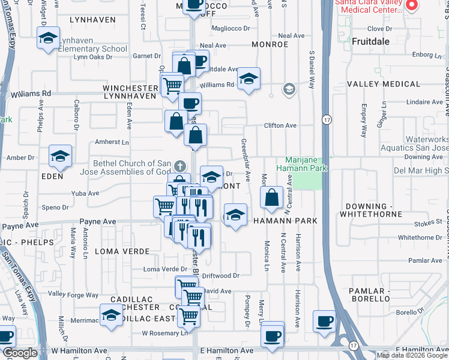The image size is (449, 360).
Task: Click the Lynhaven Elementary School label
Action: click(92, 49)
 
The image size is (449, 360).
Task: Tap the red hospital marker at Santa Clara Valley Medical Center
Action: click(412, 6)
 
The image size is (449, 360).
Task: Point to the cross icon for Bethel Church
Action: click(179, 166)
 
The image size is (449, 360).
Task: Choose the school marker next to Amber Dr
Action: click(60, 157)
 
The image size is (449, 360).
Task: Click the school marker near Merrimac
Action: click(111, 315)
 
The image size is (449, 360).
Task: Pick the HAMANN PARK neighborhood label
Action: click(285, 221)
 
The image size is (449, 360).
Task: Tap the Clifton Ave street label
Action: click(282, 125)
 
